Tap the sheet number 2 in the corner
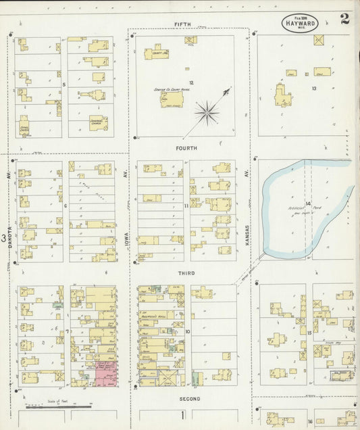tap(345, 18)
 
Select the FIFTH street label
tap(182, 24)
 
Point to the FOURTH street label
tap(186, 147)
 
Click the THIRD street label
tap(186, 273)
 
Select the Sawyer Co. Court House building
tap(167, 99)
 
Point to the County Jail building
tap(156, 52)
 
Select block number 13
tap(314, 88)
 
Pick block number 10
tap(188, 332)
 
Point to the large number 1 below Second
tap(182, 414)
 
